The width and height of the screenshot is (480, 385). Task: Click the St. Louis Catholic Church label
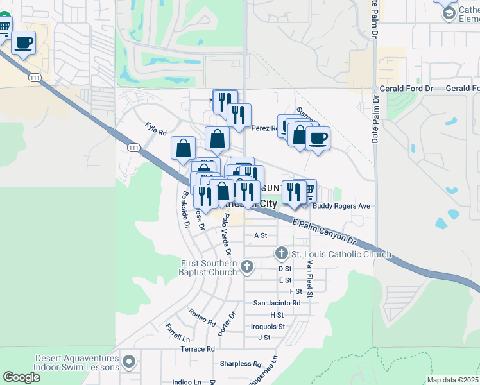pos(341,255)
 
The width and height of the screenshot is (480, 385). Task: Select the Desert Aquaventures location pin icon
pos(130,362)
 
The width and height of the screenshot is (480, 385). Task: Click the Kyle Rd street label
pos(155,128)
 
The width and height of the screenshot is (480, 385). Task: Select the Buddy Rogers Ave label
pos(341,206)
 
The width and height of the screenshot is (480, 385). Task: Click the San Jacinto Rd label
pos(277,303)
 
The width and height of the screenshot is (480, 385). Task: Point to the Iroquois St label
pos(268,327)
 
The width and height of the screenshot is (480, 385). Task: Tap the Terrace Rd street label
pos(197,349)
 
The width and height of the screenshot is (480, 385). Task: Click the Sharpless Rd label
pos(241,363)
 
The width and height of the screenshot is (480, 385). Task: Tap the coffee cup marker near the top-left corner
pos(24,42)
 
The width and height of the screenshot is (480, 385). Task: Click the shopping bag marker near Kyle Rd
pos(184,148)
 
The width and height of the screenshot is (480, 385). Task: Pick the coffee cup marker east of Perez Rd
pos(318,138)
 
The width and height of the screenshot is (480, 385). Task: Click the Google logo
pos(21,377)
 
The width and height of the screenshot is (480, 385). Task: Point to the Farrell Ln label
pos(178,332)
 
